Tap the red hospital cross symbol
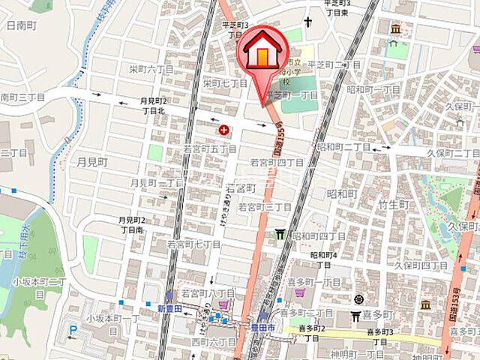click(x=223, y=130)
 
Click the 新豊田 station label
click(x=170, y=308)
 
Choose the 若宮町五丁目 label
click(x=210, y=150)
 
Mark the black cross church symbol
click(x=307, y=22)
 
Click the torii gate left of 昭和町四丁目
click(x=280, y=235)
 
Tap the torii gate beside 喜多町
click(x=356, y=316)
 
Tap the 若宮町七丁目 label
click(x=193, y=244)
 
